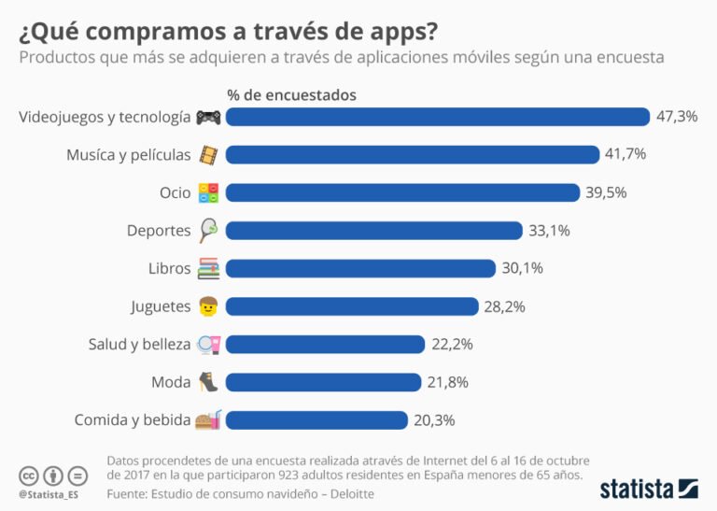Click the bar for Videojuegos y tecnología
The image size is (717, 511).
click(x=437, y=117)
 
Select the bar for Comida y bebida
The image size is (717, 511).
click(x=316, y=420)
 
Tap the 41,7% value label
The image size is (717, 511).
click(x=626, y=154)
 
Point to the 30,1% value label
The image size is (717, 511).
click(x=522, y=268)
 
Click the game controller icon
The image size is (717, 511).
click(x=207, y=118)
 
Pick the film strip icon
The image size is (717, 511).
click(x=207, y=155)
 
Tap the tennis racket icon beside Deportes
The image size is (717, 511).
click(x=207, y=231)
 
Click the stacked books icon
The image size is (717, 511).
click(x=207, y=269)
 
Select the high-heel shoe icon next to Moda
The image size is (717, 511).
click(x=207, y=382)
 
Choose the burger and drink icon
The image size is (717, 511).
click(x=207, y=420)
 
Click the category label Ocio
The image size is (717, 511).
click(x=175, y=192)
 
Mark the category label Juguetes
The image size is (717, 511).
click(x=161, y=306)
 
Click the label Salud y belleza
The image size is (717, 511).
click(x=139, y=345)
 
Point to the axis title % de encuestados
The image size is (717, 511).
click(x=291, y=95)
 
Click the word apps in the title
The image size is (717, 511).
click(x=392, y=31)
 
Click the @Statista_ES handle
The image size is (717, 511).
click(x=48, y=492)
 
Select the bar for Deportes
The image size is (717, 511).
click(x=373, y=231)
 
